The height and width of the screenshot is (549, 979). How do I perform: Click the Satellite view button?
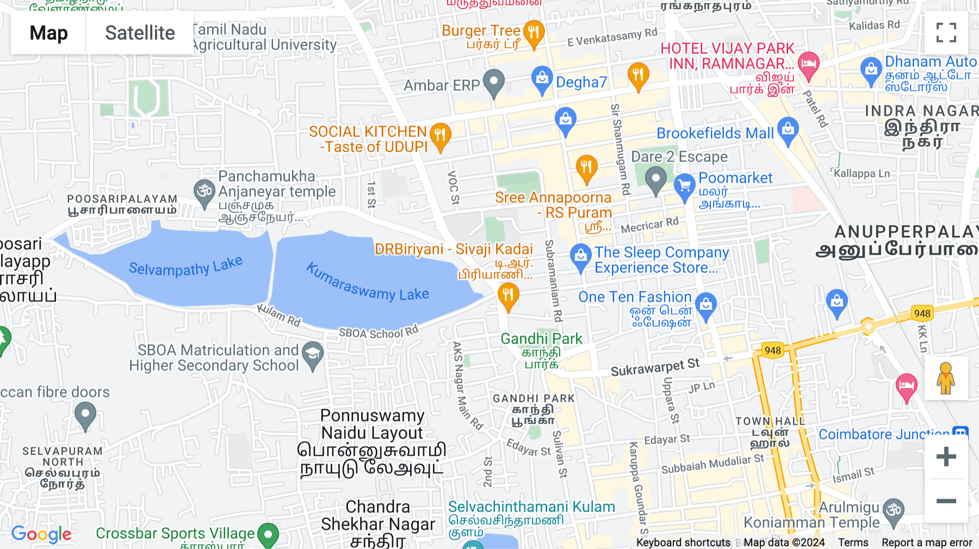click(140, 33)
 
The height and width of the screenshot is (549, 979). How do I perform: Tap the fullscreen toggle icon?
click(946, 33)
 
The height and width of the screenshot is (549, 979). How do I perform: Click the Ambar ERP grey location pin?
click(494, 83)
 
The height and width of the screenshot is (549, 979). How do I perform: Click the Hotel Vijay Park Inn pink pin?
click(808, 65)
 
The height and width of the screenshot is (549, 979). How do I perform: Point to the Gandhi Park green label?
click(541, 339)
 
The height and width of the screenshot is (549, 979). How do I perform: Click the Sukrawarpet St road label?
click(655, 367)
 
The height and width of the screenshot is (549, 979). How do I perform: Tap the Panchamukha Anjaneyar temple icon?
click(205, 192)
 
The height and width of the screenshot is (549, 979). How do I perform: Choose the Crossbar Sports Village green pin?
click(268, 534)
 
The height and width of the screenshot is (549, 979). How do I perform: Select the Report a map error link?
click(927, 542)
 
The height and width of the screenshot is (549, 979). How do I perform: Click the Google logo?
click(41, 534)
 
